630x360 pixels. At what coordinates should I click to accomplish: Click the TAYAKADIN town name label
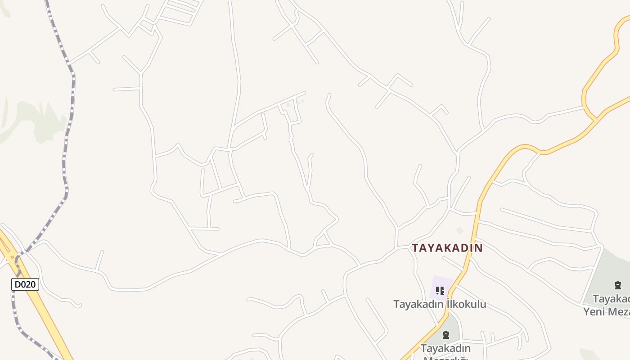[447, 248]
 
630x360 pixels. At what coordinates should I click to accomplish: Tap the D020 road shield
[25, 284]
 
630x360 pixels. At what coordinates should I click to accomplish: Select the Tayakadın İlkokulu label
[440, 304]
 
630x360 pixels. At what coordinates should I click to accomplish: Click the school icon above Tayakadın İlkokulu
[440, 291]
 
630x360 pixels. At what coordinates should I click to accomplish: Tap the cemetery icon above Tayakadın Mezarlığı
[446, 335]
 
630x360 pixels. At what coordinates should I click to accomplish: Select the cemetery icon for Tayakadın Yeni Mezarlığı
[618, 285]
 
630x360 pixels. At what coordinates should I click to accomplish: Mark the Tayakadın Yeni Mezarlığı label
[607, 305]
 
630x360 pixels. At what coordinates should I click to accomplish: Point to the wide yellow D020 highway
[40, 306]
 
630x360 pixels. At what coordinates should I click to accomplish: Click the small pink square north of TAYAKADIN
[459, 230]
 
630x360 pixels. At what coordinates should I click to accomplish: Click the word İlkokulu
[466, 304]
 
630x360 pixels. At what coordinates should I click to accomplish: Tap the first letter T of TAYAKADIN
[415, 248]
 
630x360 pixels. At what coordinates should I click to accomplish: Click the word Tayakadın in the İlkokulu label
[418, 304]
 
